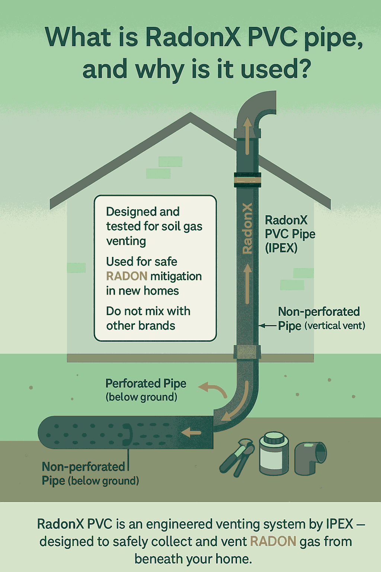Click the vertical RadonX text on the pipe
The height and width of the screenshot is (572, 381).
click(247, 228)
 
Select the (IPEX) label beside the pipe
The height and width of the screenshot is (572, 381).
click(281, 248)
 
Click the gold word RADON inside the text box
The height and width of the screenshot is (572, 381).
click(127, 276)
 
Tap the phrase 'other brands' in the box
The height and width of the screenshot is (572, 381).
click(141, 325)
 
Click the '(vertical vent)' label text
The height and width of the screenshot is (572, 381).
click(335, 326)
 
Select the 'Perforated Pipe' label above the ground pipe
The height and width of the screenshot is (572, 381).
click(146, 383)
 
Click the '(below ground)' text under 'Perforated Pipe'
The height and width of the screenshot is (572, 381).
click(141, 397)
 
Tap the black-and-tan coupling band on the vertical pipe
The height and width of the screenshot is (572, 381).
click(247, 180)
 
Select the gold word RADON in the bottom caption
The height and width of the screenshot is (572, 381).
click(273, 541)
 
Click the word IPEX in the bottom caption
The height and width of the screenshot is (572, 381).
click(339, 524)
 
